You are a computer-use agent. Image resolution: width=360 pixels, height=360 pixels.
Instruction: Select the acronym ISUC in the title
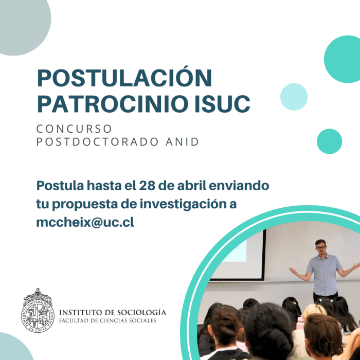[222, 103]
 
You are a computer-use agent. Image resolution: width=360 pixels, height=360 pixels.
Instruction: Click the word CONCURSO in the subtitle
[74, 129]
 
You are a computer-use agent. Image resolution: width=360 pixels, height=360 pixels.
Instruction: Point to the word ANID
[182, 142]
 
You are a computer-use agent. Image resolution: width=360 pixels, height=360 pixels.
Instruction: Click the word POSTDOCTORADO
[97, 142]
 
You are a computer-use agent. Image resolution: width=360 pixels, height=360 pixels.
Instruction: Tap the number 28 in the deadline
[147, 186]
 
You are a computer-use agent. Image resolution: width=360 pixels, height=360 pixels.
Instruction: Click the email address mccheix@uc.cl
[85, 222]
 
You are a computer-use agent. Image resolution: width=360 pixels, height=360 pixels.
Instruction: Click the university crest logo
[38, 311]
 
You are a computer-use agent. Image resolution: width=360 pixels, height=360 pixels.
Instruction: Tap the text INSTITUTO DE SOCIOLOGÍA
[113, 313]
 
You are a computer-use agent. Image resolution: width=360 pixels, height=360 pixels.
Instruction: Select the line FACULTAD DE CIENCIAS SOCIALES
[107, 320]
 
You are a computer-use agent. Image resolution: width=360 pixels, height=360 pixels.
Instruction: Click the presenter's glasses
[321, 248]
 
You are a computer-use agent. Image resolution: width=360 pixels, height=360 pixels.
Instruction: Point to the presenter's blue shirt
[325, 275]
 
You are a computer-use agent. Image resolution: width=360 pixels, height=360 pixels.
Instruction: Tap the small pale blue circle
[294, 97]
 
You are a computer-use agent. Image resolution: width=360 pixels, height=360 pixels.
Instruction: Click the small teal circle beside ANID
[330, 141]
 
